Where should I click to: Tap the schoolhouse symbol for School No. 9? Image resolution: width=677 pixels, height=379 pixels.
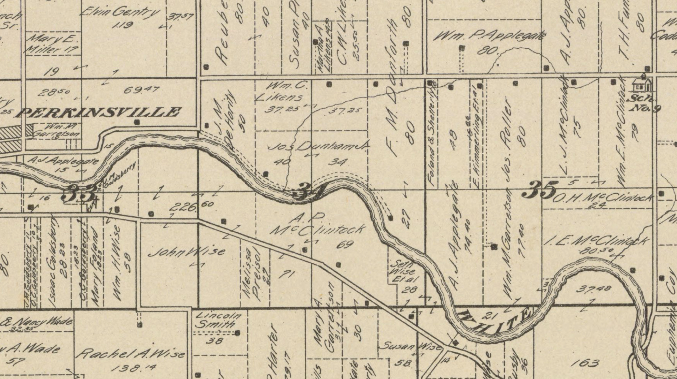642,84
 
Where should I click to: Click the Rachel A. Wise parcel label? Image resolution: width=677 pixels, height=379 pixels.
130,354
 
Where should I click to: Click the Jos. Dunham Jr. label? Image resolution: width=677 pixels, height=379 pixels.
319,147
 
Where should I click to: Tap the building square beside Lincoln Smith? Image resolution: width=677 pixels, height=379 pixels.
237,333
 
